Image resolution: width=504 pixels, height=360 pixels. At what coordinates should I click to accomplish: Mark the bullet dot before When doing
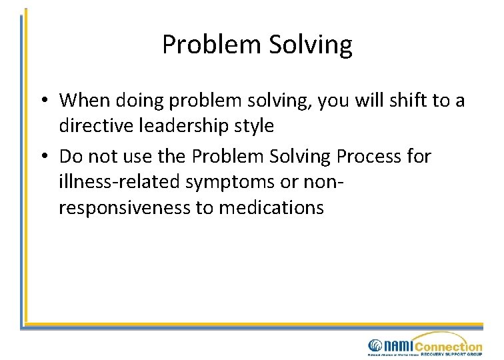pyautogui.click(x=43, y=101)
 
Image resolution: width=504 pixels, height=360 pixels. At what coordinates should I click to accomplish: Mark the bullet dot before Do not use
pyautogui.click(x=43, y=157)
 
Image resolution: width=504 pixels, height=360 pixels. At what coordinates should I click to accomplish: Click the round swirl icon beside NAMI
pyautogui.click(x=375, y=345)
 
